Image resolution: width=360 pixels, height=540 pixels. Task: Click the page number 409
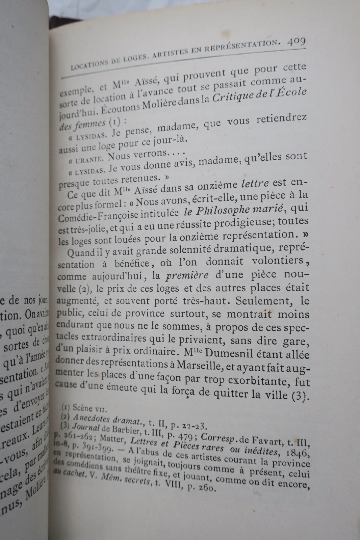click(x=296, y=43)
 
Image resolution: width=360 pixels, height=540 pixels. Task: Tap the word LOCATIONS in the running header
click(x=88, y=64)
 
